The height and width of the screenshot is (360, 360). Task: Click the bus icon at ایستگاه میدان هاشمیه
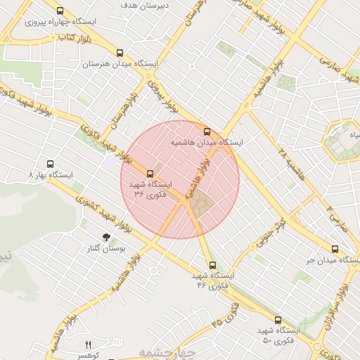(x=207, y=131)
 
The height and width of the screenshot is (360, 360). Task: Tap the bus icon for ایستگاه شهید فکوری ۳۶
(x=149, y=174)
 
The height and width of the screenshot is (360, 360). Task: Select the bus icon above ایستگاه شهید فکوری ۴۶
(x=212, y=265)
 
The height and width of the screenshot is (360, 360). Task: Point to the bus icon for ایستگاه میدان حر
(x=335, y=249)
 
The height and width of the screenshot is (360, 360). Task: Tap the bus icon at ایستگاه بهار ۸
(x=49, y=163)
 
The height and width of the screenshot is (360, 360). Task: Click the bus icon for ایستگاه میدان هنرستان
(x=120, y=53)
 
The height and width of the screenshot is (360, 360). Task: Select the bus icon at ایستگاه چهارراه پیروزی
(x=60, y=11)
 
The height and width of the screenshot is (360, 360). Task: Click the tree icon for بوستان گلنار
(x=105, y=238)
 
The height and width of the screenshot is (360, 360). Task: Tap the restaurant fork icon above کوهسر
(x=88, y=345)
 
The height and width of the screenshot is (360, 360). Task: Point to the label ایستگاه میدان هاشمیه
(x=207, y=142)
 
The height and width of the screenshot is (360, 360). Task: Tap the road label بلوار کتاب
(x=75, y=37)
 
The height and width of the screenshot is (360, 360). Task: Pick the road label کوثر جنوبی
(x=271, y=231)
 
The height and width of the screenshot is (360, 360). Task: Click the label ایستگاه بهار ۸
(x=51, y=174)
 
